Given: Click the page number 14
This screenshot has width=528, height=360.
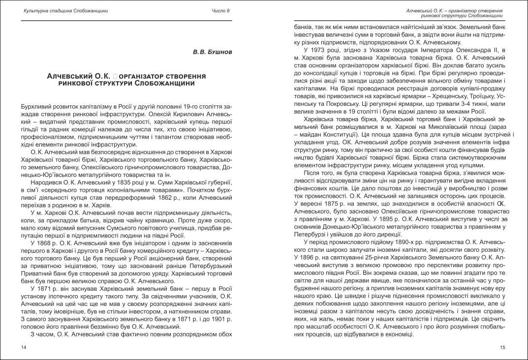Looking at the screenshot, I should [x=24, y=348].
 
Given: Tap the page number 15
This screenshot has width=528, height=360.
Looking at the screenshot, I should [x=502, y=348].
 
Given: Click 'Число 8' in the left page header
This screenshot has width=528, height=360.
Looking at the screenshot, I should [x=221, y=10].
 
